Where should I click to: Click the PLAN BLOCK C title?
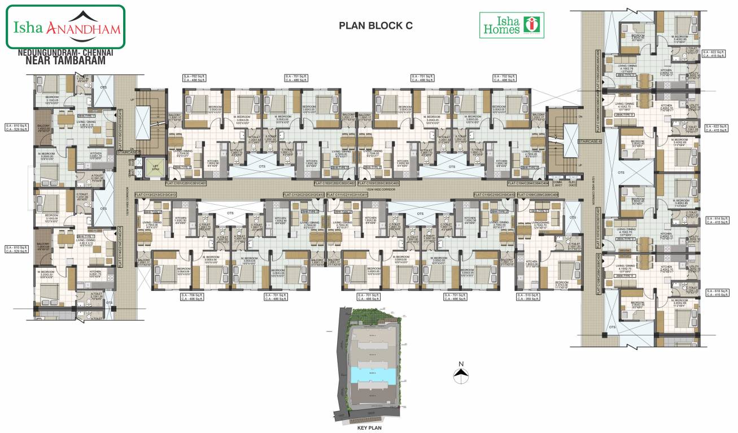click(375, 25)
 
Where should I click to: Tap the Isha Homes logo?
click(511, 25)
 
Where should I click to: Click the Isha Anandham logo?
click(65, 27)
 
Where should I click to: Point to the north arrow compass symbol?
click(462, 372)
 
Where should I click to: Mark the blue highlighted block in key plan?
click(370, 374)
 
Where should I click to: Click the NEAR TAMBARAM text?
click(65, 60)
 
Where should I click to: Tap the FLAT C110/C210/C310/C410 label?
click(494, 195)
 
